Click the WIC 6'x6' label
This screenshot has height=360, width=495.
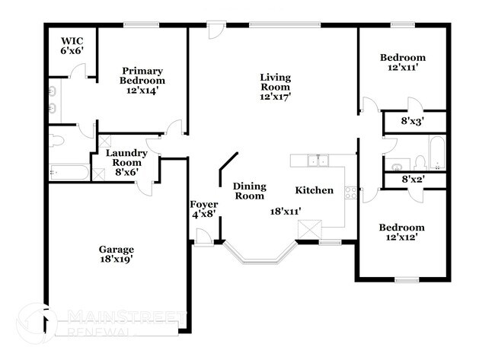(x=72, y=44)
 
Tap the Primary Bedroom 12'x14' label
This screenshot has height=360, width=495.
(x=142, y=79)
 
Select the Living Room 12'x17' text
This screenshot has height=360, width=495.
(x=275, y=86)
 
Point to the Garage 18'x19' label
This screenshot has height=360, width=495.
(x=116, y=254)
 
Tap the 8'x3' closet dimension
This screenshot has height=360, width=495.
(x=412, y=120)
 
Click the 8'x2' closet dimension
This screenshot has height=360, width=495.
(x=412, y=180)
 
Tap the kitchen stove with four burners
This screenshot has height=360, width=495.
(x=351, y=192)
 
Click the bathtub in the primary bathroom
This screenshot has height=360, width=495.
(x=69, y=172)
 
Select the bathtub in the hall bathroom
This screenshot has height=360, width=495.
(x=436, y=153)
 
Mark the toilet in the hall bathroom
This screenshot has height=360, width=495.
(x=419, y=161)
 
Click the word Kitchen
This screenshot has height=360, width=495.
(x=314, y=190)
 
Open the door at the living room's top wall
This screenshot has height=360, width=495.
(x=216, y=32)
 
